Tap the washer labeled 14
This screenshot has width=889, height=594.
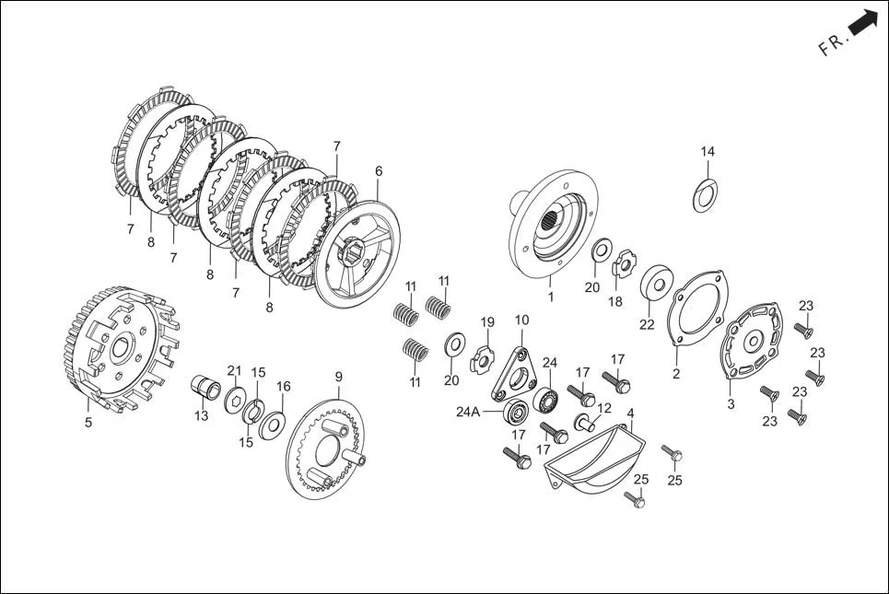[707, 196]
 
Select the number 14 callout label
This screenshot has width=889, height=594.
[707, 152]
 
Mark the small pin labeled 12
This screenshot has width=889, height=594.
[582, 423]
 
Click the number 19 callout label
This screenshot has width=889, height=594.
[487, 321]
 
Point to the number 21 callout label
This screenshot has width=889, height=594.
[233, 369]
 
